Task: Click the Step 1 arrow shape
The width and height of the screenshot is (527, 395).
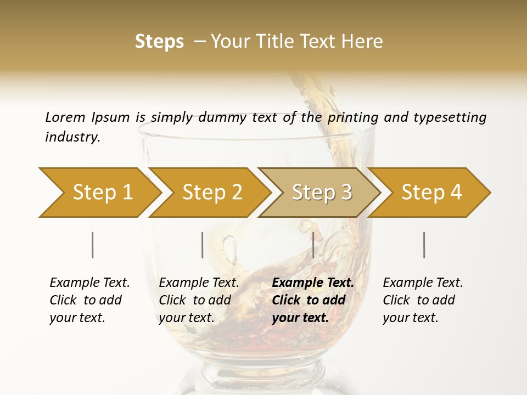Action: click(x=99, y=193)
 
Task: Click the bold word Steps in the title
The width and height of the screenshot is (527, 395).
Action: click(x=159, y=42)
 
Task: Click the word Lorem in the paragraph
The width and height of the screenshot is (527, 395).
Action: click(x=65, y=117)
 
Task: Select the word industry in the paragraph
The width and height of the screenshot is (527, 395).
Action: click(x=72, y=137)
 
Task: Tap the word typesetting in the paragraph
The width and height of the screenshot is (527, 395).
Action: click(x=450, y=117)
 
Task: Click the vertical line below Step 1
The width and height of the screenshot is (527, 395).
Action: click(x=93, y=245)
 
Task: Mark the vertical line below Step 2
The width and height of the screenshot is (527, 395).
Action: click(x=203, y=245)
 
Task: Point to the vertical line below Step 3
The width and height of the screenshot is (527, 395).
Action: click(x=313, y=245)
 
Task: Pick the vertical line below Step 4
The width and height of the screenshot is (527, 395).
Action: click(x=424, y=245)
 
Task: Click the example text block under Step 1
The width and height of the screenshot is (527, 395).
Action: click(x=89, y=300)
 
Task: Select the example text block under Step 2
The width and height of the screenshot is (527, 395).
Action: click(x=199, y=300)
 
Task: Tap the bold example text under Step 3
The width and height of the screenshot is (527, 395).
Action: click(x=313, y=300)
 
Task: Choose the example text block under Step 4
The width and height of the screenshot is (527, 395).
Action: click(x=423, y=300)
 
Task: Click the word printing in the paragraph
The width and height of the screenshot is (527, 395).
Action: click(x=351, y=117)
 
